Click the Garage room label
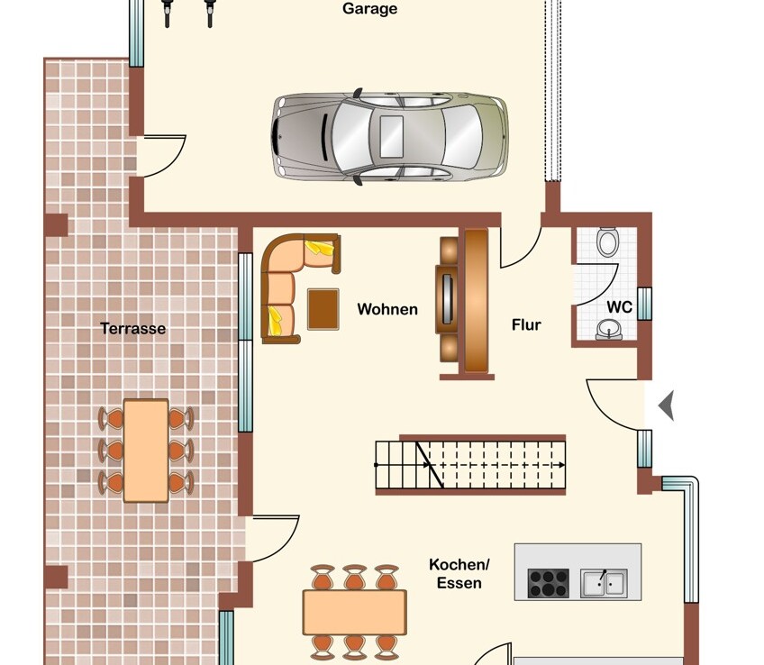point(369,9)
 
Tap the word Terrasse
point(133,328)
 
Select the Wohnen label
point(387,309)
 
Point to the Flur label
point(526,325)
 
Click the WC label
point(619,307)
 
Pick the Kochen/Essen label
point(459,573)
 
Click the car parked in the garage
point(389,136)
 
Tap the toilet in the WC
point(608,241)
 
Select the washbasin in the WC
point(608,329)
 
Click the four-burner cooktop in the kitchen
point(548,583)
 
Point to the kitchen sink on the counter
point(604,583)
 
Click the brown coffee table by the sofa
point(323,309)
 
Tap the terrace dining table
point(146,451)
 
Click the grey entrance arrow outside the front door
point(666,405)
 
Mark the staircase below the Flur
point(470,465)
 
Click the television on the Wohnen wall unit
point(447,298)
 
